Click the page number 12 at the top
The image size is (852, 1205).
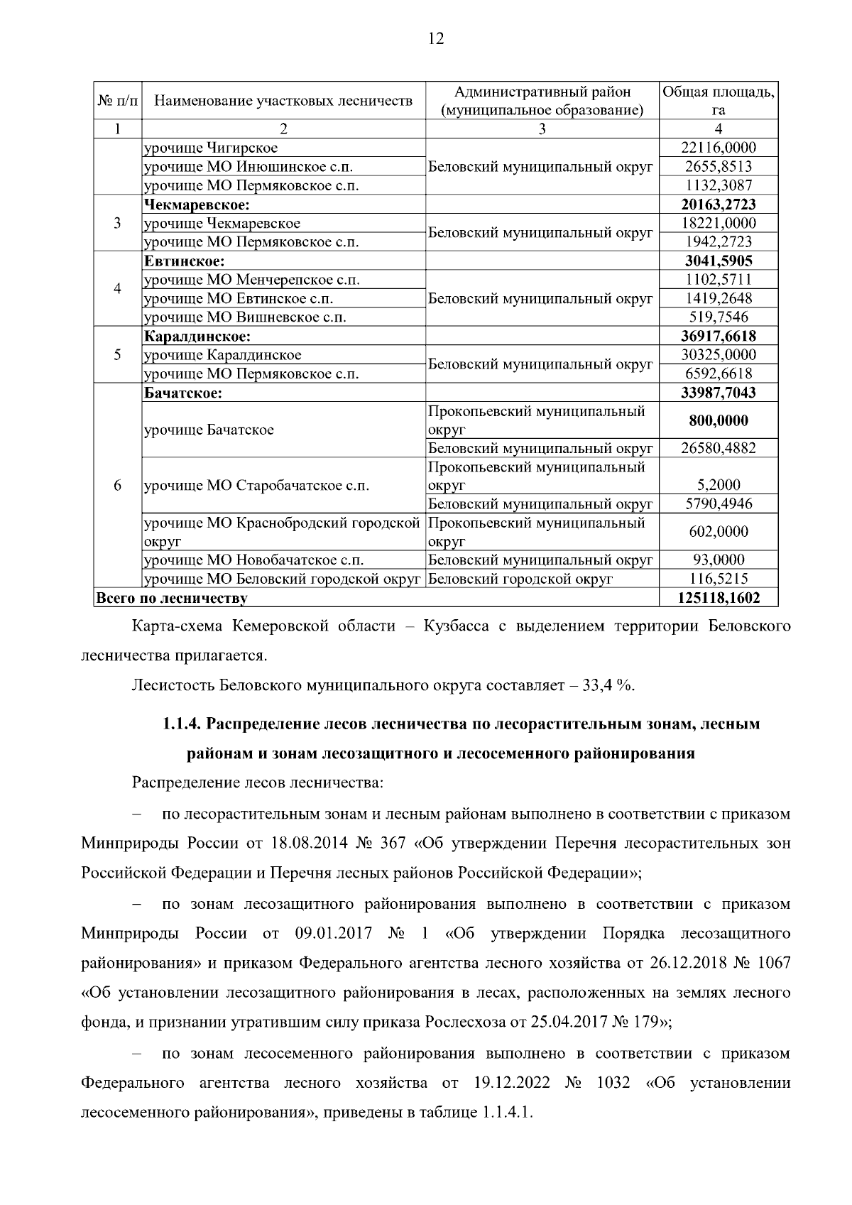click(x=436, y=39)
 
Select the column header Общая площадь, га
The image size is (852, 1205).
click(x=719, y=101)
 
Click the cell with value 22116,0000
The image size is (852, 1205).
click(x=719, y=148)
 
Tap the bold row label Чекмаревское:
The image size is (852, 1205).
click(x=197, y=205)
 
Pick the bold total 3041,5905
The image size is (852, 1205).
click(x=719, y=261)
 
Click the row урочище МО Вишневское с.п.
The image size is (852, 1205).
click(x=246, y=317)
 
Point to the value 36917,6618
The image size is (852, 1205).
click(x=719, y=336)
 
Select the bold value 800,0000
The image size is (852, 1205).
click(x=719, y=420)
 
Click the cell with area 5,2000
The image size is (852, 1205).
click(x=719, y=485)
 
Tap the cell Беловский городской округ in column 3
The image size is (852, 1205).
click(x=520, y=579)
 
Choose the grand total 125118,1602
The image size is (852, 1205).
click(x=719, y=598)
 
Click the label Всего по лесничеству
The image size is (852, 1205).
click(x=171, y=598)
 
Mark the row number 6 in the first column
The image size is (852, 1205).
click(x=117, y=485)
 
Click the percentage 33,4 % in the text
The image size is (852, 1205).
click(x=608, y=685)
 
